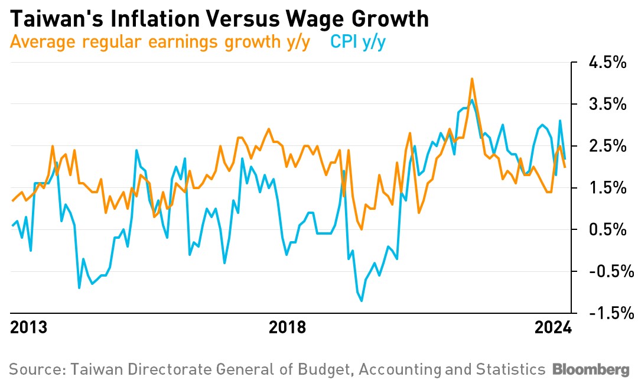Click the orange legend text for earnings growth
159,43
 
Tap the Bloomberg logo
591,370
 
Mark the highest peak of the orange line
471,79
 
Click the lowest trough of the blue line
362,301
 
